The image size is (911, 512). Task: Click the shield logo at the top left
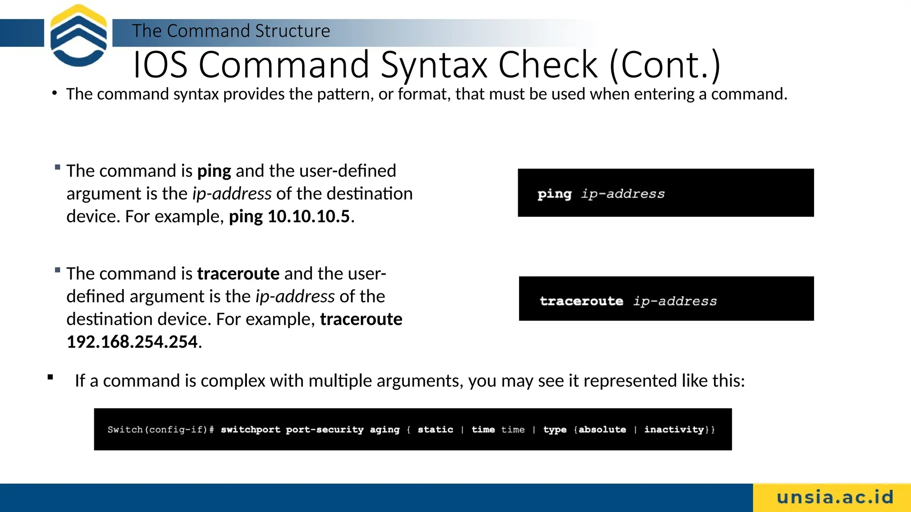pyautogui.click(x=78, y=36)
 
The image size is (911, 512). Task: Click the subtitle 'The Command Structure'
pyautogui.click(x=231, y=31)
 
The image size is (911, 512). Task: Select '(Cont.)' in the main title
pyautogui.click(x=665, y=65)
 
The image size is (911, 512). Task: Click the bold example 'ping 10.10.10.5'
pyautogui.click(x=289, y=216)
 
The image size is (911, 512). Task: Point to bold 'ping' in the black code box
pyautogui.click(x=554, y=194)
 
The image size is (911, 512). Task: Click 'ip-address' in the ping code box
pyautogui.click(x=623, y=194)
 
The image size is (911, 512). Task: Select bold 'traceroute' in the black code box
pyautogui.click(x=581, y=301)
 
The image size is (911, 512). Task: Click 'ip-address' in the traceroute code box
pyautogui.click(x=675, y=301)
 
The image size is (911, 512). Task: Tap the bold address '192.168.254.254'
pyautogui.click(x=132, y=342)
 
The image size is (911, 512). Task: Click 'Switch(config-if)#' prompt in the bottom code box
pyautogui.click(x=161, y=429)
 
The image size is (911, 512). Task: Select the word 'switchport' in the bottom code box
pyautogui.click(x=250, y=429)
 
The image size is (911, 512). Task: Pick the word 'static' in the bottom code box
pyautogui.click(x=435, y=429)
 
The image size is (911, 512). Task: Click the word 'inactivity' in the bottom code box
pyautogui.click(x=673, y=429)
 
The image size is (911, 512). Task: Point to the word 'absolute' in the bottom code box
pyautogui.click(x=602, y=429)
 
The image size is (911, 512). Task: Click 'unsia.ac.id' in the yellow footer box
pyautogui.click(x=835, y=497)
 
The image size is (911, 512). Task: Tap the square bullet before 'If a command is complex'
pyautogui.click(x=50, y=377)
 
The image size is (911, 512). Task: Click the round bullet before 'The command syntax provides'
pyautogui.click(x=54, y=93)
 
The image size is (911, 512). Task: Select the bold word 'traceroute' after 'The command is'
pyautogui.click(x=238, y=274)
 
